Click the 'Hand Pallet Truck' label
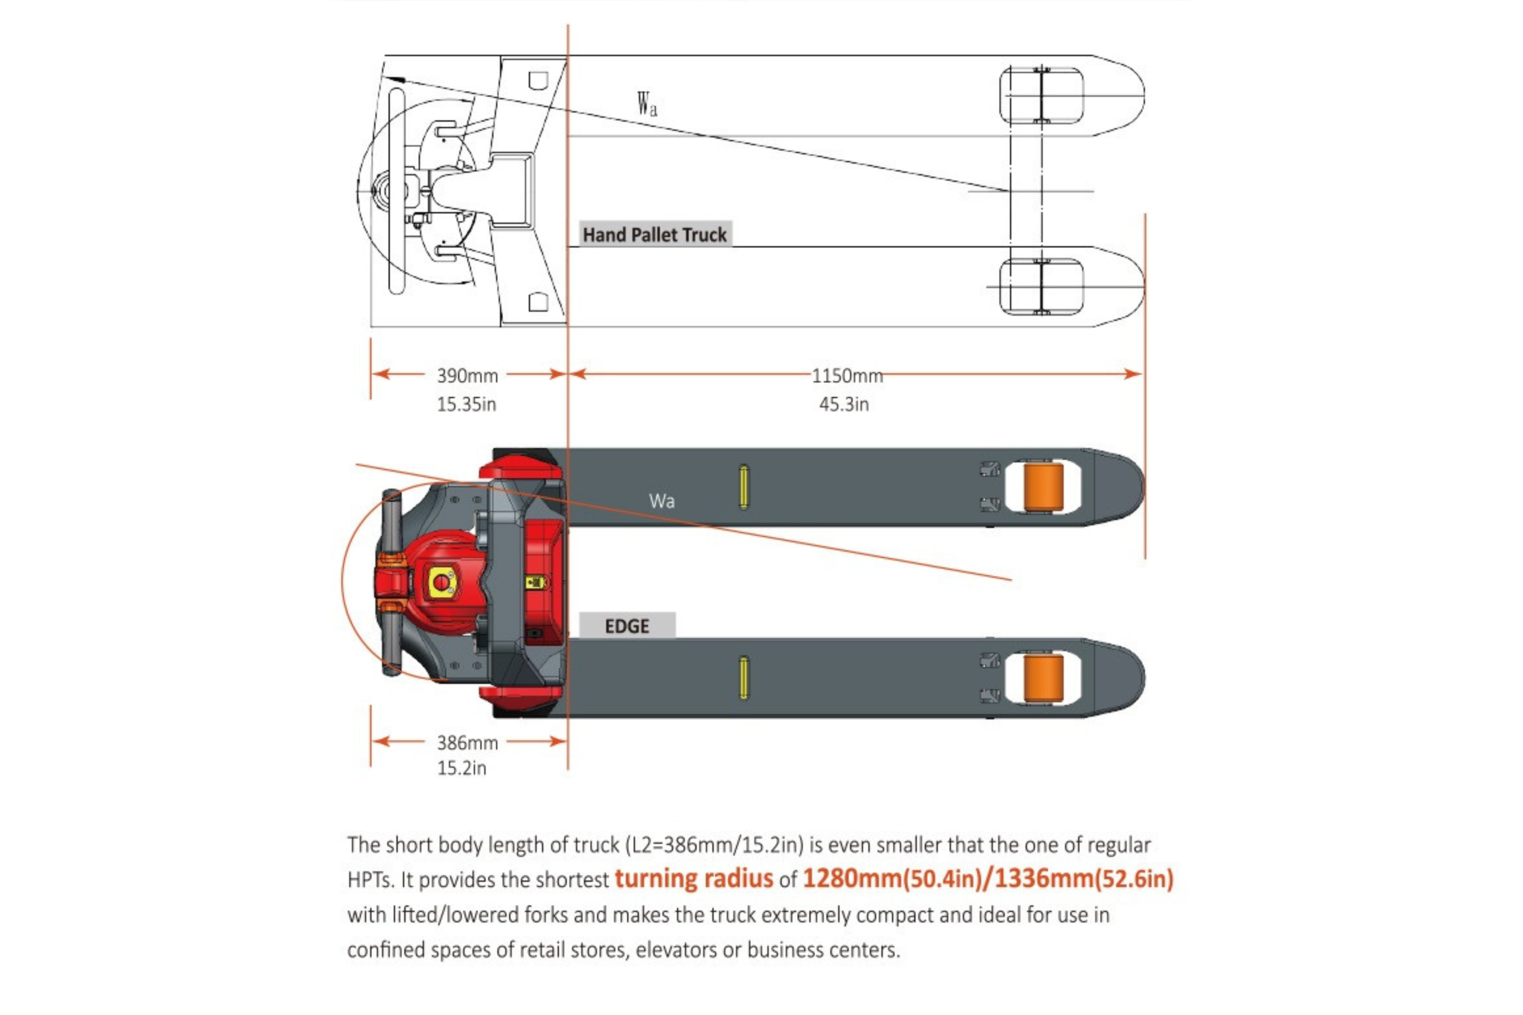(x=654, y=234)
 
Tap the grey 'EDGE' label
(x=626, y=626)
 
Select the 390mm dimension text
(x=467, y=375)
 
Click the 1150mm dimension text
(x=847, y=375)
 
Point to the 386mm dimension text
(x=467, y=743)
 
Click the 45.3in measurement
(x=843, y=404)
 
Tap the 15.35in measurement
(x=466, y=404)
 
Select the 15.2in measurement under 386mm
(x=461, y=768)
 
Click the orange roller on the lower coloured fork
(x=1042, y=678)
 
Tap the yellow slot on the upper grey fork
(x=744, y=487)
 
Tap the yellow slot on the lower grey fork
(x=744, y=678)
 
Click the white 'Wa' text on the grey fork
(x=662, y=501)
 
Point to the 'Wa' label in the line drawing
(x=646, y=104)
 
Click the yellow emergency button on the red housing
(x=441, y=582)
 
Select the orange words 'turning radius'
(x=694, y=878)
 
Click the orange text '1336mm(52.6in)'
(x=1084, y=878)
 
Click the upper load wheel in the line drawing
(x=1041, y=95)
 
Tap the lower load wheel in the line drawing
(x=1041, y=287)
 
